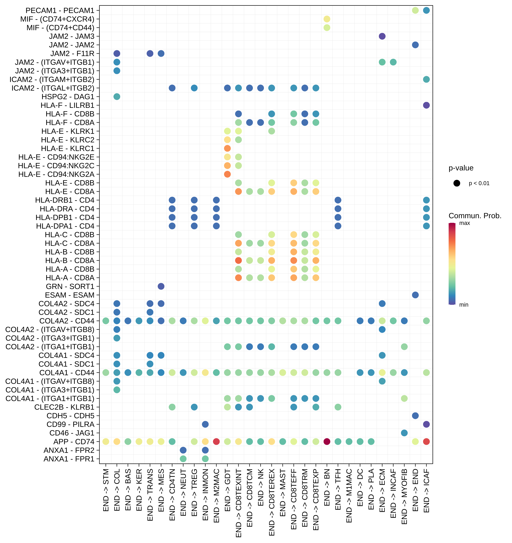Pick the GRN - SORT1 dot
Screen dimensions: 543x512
pyautogui.click(x=161, y=286)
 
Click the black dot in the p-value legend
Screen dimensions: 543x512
pyautogui.click(x=457, y=183)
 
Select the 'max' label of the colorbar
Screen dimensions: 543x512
pyautogui.click(x=464, y=223)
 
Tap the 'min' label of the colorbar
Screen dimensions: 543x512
pyautogui.click(x=464, y=305)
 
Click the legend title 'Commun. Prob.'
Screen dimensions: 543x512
pyautogui.click(x=475, y=216)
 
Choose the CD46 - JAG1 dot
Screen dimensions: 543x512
pyautogui.click(x=404, y=433)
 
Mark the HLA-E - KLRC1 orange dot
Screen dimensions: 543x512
pyautogui.click(x=227, y=148)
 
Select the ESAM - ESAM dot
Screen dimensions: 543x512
pyautogui.click(x=415, y=295)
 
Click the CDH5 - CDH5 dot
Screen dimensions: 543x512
pyautogui.click(x=415, y=416)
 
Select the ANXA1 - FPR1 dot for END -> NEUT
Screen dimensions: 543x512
pyautogui.click(x=183, y=459)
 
